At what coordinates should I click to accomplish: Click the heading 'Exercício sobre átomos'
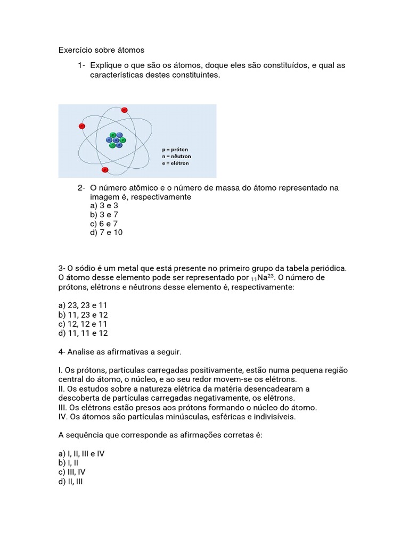pos(101,51)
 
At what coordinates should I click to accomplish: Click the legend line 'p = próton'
pos(175,150)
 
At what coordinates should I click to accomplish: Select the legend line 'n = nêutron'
pos(176,156)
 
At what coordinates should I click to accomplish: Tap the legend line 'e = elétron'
pos(175,163)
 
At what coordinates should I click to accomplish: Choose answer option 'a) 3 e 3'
pos(104,205)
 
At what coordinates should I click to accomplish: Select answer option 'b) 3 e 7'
pos(104,214)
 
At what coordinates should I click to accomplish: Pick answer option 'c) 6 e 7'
pos(104,224)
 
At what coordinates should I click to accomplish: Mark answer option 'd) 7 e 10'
pos(107,233)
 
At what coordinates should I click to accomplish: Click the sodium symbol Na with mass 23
pos(264,278)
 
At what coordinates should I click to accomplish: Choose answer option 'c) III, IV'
pos(72,472)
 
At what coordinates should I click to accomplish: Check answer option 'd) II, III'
pos(70,482)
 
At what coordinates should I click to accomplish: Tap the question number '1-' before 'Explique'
pos(81,65)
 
